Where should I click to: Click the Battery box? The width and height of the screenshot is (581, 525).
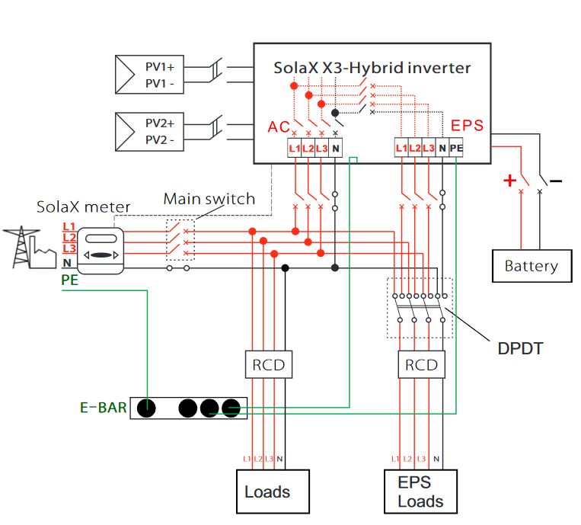[x=531, y=266]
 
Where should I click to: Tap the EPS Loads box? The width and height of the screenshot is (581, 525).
[x=420, y=491]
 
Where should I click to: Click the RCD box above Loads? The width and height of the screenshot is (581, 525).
[x=268, y=365]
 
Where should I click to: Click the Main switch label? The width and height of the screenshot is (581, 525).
[x=209, y=200]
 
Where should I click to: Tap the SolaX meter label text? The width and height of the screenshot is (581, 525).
[x=84, y=207]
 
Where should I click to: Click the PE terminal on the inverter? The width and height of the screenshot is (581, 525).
[x=456, y=148]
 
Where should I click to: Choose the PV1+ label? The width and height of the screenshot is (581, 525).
[x=160, y=68]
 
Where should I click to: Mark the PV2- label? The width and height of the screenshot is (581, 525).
[x=160, y=140]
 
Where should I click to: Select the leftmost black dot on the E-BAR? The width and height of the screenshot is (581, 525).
[x=147, y=408]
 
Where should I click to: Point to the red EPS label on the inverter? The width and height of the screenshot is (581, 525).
[x=467, y=126]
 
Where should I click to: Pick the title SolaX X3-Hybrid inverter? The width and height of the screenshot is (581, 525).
[x=372, y=68]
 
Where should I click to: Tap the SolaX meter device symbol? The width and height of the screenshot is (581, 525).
[x=101, y=250]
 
